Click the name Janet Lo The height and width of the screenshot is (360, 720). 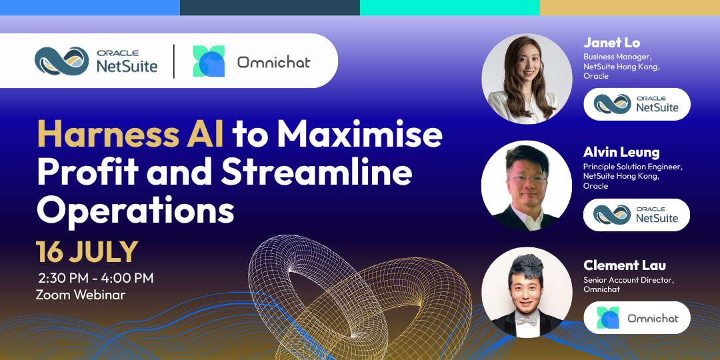coord(611,43)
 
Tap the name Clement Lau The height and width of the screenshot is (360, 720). coord(625,265)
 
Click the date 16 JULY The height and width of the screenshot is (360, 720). coord(87,251)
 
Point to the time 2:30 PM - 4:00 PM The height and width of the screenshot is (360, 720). coord(95,278)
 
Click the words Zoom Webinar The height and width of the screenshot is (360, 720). coord(81,295)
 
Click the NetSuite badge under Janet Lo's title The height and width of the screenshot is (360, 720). coord(637,104)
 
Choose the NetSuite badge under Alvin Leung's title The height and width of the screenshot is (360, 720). coord(637,215)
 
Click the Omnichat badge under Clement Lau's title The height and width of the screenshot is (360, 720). coord(637,318)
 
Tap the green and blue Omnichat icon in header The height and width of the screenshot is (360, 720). coord(209,61)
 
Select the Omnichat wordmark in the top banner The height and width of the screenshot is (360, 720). coord(274,61)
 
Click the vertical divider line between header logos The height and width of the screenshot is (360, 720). coord(174,61)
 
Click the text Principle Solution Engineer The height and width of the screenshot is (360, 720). coord(633,167)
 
